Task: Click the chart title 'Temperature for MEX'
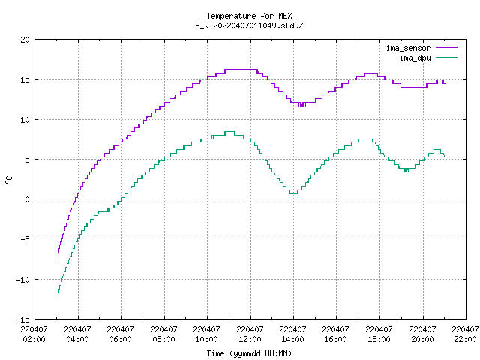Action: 249,16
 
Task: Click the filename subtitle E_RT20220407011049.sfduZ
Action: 249,25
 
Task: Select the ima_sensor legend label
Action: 408,48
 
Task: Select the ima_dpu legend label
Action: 415,58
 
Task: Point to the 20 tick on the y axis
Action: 25,40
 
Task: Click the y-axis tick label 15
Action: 25,79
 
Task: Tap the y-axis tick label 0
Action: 27,199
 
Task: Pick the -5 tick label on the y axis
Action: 25,239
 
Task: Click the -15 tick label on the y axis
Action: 23,319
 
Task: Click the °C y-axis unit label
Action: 8,180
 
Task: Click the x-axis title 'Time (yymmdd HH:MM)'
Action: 249,353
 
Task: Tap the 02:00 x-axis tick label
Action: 34,339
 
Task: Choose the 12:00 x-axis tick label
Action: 250,339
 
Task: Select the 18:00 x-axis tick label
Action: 379,339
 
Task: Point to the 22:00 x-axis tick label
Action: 465,339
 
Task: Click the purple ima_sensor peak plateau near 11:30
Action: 241,70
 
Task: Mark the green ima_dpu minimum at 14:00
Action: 293,193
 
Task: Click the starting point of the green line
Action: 58,296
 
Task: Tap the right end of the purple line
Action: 445,83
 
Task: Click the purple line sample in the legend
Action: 447,48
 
